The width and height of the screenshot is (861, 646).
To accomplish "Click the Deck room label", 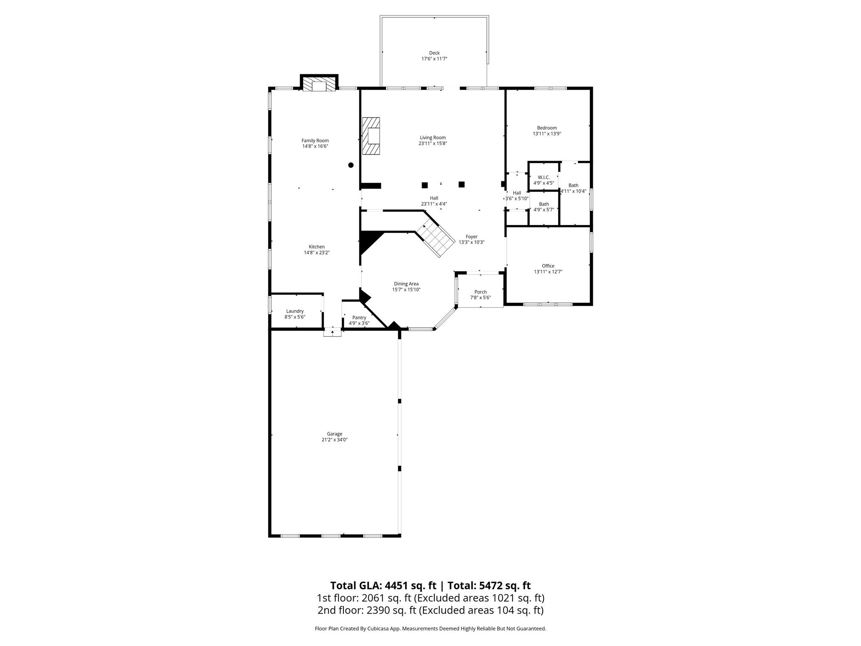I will [434, 53].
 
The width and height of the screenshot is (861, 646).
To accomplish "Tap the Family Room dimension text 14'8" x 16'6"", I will [315, 146].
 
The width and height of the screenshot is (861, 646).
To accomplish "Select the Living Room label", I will [433, 138].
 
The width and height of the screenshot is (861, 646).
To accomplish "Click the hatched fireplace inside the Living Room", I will [371, 136].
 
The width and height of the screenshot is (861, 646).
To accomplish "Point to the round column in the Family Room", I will [351, 165].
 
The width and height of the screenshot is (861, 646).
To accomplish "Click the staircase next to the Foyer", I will [436, 240].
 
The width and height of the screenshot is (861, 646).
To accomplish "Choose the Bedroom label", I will [547, 128].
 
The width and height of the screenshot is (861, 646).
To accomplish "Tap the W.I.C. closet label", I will [544, 177].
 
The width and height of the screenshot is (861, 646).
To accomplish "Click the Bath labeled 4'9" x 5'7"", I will [544, 207].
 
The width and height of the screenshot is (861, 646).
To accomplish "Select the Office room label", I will [548, 266].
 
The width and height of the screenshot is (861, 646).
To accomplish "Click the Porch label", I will [480, 292].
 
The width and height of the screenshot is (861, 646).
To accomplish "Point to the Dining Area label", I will [406, 284].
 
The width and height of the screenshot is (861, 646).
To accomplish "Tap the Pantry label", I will [359, 318].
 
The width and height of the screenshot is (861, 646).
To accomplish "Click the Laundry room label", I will [295, 311].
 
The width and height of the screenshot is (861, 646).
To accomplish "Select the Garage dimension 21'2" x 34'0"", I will [335, 440].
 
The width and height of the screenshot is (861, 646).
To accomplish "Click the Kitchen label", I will [317, 247].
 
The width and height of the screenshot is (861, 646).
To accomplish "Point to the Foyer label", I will [471, 237].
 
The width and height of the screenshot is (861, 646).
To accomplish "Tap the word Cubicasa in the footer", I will [378, 629].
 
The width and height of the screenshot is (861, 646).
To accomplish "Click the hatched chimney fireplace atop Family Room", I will [320, 84].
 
